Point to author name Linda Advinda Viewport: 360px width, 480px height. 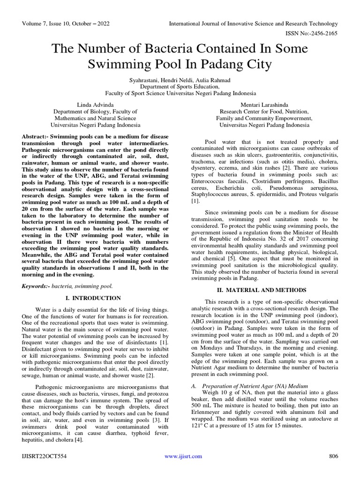pyautogui.click(x=95, y=105)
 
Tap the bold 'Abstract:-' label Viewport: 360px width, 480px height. pyautogui.click(x=37, y=135)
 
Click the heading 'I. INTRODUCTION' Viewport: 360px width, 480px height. pyautogui.click(x=95, y=298)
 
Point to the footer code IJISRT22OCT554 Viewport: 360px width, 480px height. pyautogui.click(x=45, y=456)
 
